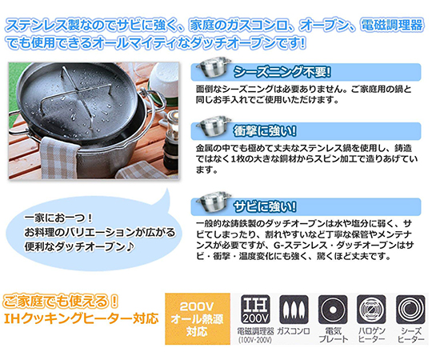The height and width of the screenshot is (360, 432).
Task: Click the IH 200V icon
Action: click(255, 310)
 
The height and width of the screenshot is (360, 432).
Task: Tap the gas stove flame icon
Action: click(294, 310)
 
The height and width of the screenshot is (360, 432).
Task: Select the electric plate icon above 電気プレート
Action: click(333, 310)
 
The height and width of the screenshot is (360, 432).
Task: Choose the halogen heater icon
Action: click(371, 310)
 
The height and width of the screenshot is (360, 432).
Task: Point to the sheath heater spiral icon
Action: click(410, 310)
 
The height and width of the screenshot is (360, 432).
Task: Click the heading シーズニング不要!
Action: click(282, 72)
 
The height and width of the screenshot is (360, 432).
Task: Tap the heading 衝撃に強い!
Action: click(265, 131)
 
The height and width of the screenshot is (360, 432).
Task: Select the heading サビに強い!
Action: click(265, 206)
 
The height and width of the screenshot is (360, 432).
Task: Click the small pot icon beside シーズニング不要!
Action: click(214, 66)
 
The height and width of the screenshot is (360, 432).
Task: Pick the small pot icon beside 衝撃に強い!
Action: click(214, 126)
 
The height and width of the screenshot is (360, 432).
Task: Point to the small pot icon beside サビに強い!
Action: click(214, 201)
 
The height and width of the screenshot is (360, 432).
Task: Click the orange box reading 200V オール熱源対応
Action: click(198, 318)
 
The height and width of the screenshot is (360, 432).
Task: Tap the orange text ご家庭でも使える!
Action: click(61, 301)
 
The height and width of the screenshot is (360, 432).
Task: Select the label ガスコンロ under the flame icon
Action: click(294, 331)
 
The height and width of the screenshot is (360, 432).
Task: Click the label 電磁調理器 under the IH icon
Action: click(255, 331)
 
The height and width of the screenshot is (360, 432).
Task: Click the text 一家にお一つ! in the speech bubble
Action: click(58, 218)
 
